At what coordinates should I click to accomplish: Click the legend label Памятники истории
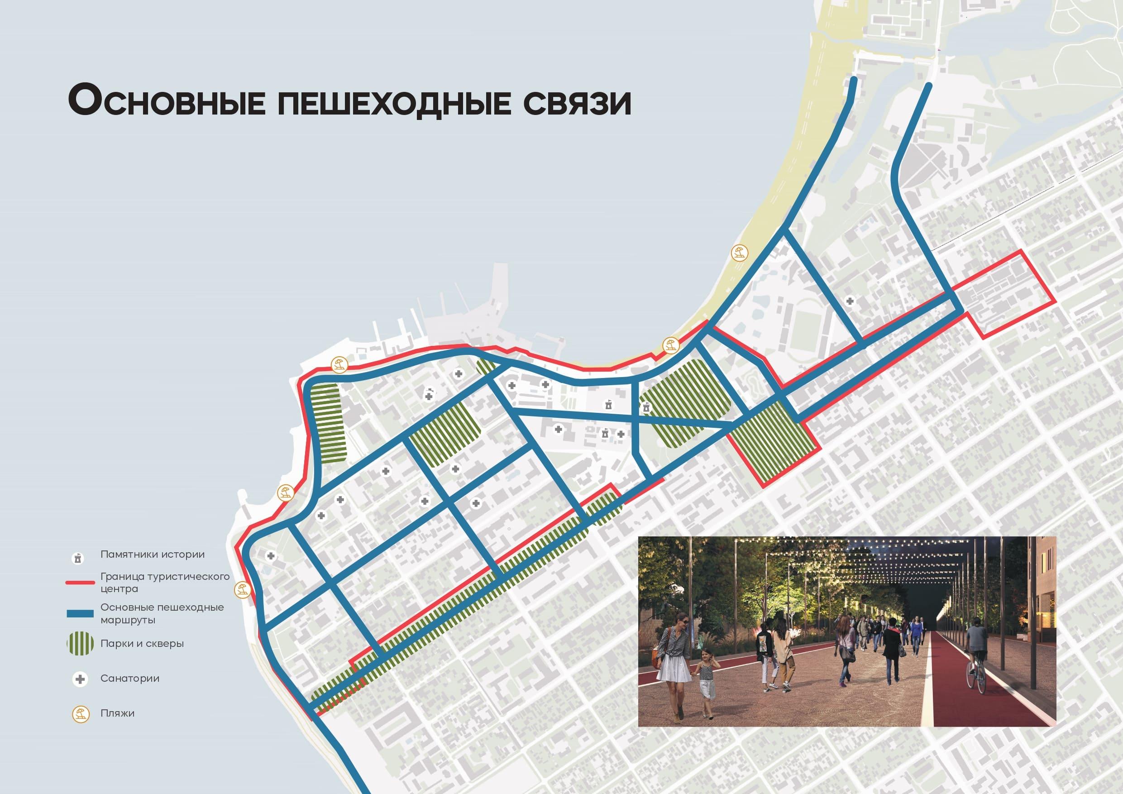[153, 554]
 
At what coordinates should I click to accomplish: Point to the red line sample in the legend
[80, 582]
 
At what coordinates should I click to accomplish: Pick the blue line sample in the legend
[80, 613]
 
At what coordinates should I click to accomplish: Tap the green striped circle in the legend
[80, 644]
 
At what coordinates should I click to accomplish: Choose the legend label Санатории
[129, 679]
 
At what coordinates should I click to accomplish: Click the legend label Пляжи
[117, 713]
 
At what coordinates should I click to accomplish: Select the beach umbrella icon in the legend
[80, 714]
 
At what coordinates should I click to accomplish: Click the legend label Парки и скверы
[142, 643]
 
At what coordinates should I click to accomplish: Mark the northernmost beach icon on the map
[739, 254]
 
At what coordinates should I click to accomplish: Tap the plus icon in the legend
[80, 679]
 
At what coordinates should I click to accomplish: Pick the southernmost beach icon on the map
[241, 590]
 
